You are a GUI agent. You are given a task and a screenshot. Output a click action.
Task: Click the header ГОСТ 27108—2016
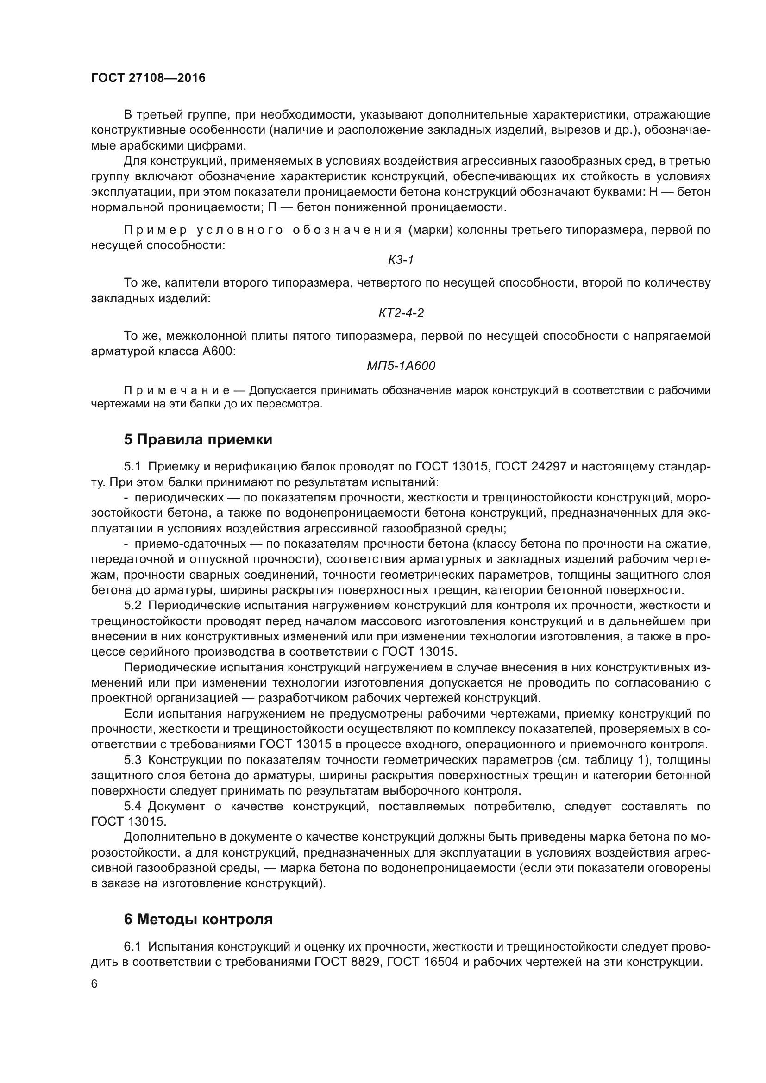click(148, 78)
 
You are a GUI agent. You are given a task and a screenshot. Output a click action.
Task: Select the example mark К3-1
click(401, 259)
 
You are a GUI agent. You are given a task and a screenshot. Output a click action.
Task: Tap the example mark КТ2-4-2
click(401, 312)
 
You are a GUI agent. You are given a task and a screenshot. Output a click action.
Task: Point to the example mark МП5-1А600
click(401, 366)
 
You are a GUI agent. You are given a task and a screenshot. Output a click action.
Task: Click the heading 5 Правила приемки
click(198, 439)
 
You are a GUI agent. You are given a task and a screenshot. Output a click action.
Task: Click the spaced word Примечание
click(176, 391)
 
